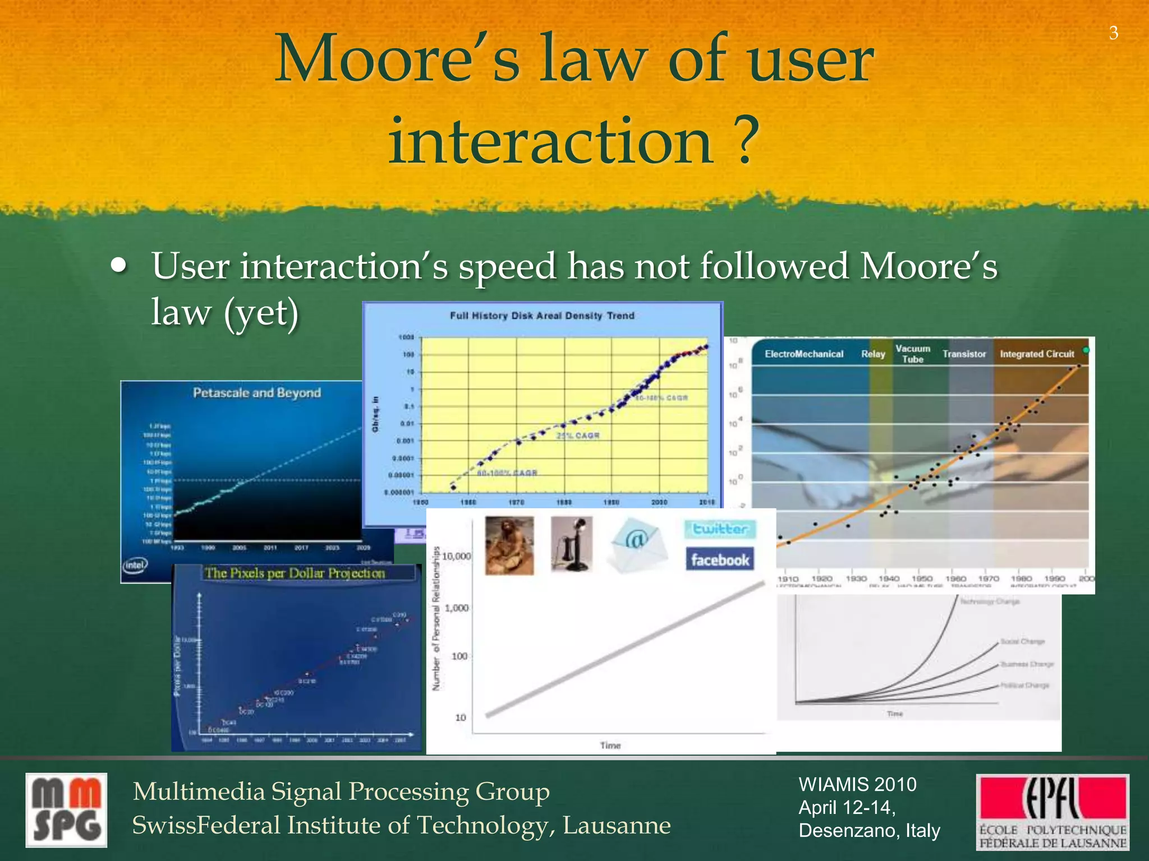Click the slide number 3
[x=1114, y=34]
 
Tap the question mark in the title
[x=745, y=141]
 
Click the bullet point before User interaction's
[x=118, y=266]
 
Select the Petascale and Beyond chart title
[x=257, y=393]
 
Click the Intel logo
[x=135, y=565]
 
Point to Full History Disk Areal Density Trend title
[x=542, y=316]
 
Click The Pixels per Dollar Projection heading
[x=295, y=573]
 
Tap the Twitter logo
[x=720, y=529]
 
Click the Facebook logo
[x=720, y=559]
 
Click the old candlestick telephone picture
[x=571, y=544]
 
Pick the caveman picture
[x=509, y=545]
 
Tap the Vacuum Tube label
[x=913, y=354]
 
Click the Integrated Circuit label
[x=1037, y=354]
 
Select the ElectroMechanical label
[x=804, y=354]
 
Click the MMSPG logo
[x=66, y=811]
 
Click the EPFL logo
[x=1053, y=811]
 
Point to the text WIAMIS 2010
[x=857, y=784]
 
